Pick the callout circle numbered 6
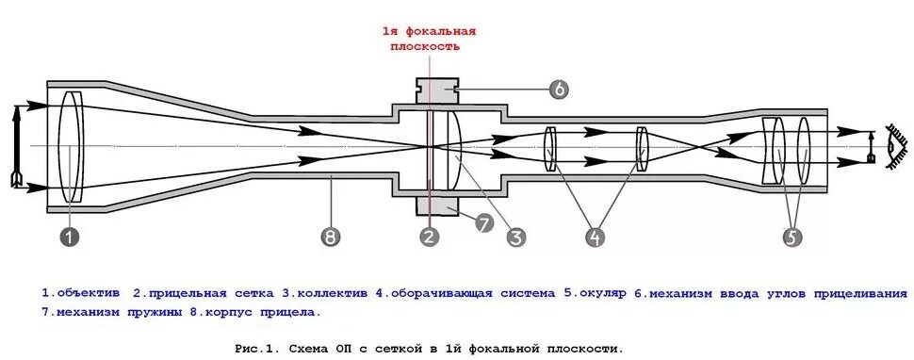click(559, 90)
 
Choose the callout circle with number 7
click(483, 222)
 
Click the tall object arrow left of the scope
click(15, 146)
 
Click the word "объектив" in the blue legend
click(87, 293)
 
